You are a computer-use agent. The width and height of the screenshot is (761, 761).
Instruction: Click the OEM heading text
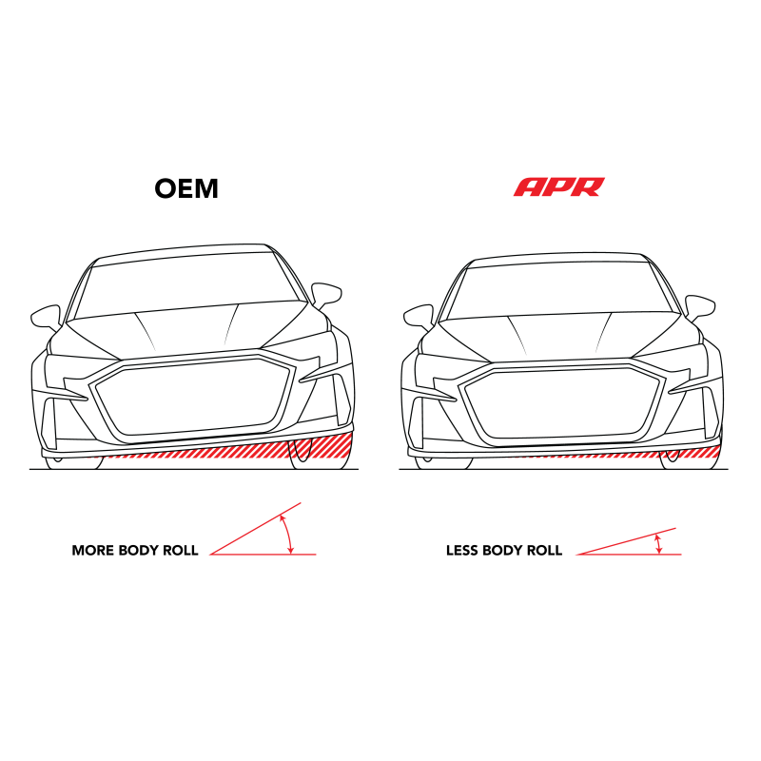pos(186,188)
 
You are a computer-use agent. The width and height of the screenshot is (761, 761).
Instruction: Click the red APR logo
pos(559,186)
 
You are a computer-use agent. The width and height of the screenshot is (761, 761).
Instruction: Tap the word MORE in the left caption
pos(92,551)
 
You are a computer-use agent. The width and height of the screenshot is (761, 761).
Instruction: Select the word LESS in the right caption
pos(461,551)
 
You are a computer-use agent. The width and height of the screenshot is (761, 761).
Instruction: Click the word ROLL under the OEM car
pos(180,551)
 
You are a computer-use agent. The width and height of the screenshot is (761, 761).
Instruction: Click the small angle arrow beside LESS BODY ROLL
pos(658,544)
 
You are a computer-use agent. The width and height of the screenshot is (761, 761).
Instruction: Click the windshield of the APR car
pos(561,291)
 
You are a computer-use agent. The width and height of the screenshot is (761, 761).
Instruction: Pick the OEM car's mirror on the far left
pos(47,318)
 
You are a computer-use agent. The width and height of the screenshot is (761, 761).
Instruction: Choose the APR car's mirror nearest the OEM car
pos(419,317)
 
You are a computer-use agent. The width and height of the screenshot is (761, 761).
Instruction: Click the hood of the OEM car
pos(189,331)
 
